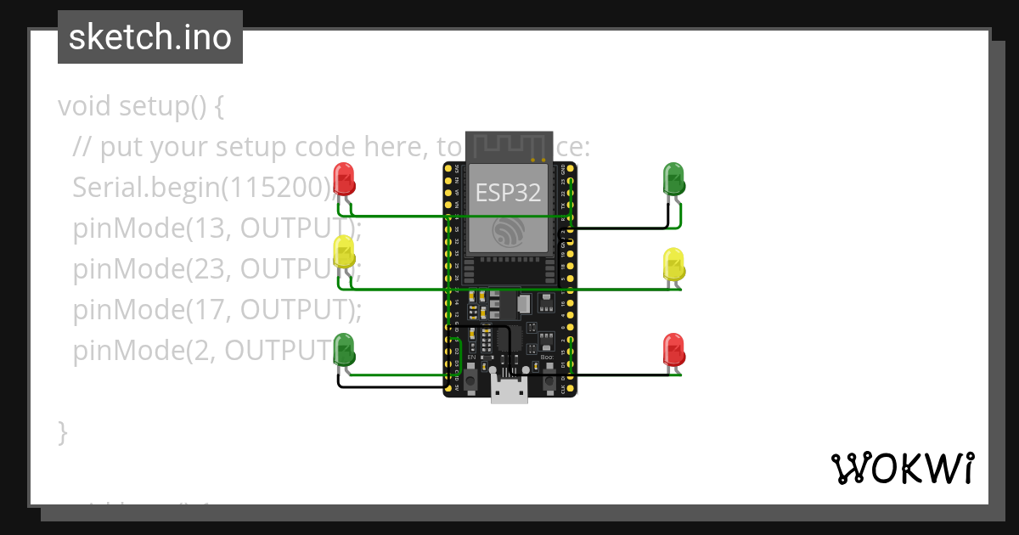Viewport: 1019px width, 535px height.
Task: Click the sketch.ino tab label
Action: tap(150, 37)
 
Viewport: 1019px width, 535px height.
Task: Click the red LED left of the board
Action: tap(344, 178)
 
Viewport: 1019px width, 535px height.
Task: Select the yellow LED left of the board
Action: tap(344, 252)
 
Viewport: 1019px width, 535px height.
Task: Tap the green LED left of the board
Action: tap(344, 349)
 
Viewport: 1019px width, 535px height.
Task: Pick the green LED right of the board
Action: tap(673, 178)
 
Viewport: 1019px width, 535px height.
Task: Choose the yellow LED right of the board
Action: tap(673, 264)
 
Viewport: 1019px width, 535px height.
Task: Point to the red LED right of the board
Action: tap(673, 350)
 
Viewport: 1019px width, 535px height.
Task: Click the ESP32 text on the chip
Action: tap(508, 193)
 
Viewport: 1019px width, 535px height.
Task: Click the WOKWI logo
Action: tap(902, 469)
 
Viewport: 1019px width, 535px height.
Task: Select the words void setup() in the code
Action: tap(140, 107)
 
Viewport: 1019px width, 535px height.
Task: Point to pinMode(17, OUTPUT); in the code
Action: tap(217, 310)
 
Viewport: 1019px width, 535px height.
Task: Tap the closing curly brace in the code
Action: tap(62, 431)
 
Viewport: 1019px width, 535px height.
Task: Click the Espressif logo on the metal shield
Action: tap(509, 232)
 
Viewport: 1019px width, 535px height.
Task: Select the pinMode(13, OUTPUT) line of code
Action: tap(212, 228)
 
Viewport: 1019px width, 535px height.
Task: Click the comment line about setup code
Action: tap(255, 148)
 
